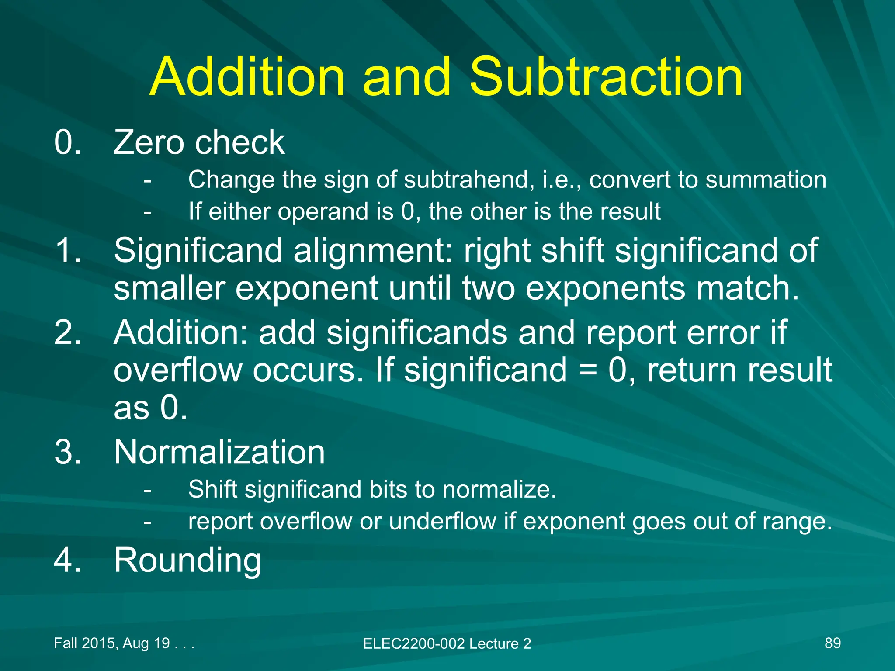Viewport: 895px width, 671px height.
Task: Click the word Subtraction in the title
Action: pos(606,77)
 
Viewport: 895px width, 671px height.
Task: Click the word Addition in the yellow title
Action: pos(247,77)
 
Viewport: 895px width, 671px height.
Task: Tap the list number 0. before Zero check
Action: pos(68,142)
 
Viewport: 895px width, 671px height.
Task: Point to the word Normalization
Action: pos(219,452)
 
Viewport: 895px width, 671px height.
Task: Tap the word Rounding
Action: pos(187,560)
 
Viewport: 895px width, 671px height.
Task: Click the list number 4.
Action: pos(68,560)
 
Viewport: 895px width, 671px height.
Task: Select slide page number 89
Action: pos(833,643)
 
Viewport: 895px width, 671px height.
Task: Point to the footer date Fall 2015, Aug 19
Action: pos(112,643)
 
